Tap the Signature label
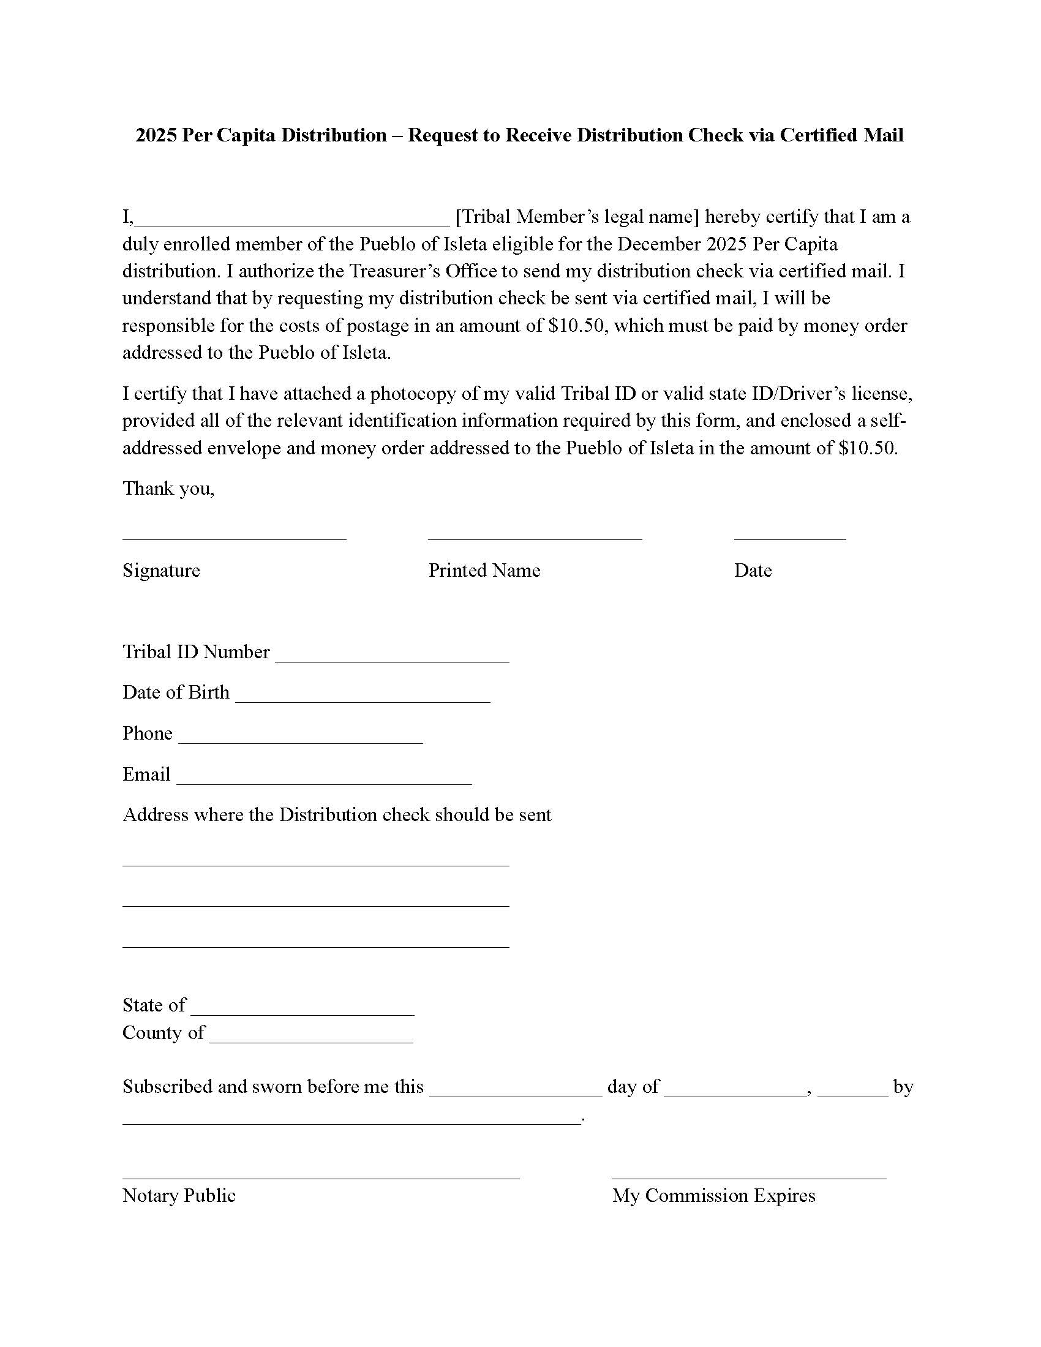(x=161, y=570)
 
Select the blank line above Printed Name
(x=535, y=536)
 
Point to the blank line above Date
(x=789, y=536)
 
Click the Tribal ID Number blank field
(x=393, y=659)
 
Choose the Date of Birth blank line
(x=363, y=699)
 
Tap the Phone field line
(x=300, y=740)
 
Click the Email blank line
(x=324, y=781)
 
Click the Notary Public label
(x=179, y=1195)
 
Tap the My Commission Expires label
(x=713, y=1195)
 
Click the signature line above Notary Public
(x=321, y=1177)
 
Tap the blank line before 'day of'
(x=515, y=1094)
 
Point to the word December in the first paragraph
(x=659, y=244)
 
